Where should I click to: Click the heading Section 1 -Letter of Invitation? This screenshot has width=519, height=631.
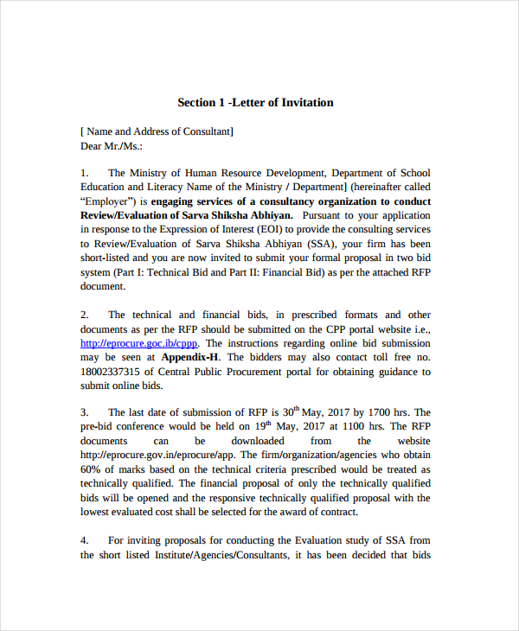coord(255,103)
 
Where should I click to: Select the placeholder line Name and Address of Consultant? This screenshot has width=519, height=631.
coord(157,131)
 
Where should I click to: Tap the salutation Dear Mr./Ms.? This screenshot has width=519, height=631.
coord(112,145)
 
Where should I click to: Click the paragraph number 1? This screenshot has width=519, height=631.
coord(85,174)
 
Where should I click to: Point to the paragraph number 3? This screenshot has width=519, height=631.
coord(85,412)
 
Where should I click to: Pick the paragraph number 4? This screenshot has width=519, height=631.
coord(85,540)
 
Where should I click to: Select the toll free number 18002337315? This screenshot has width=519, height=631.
coord(118,371)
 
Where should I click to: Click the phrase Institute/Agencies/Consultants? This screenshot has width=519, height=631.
coord(210,555)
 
